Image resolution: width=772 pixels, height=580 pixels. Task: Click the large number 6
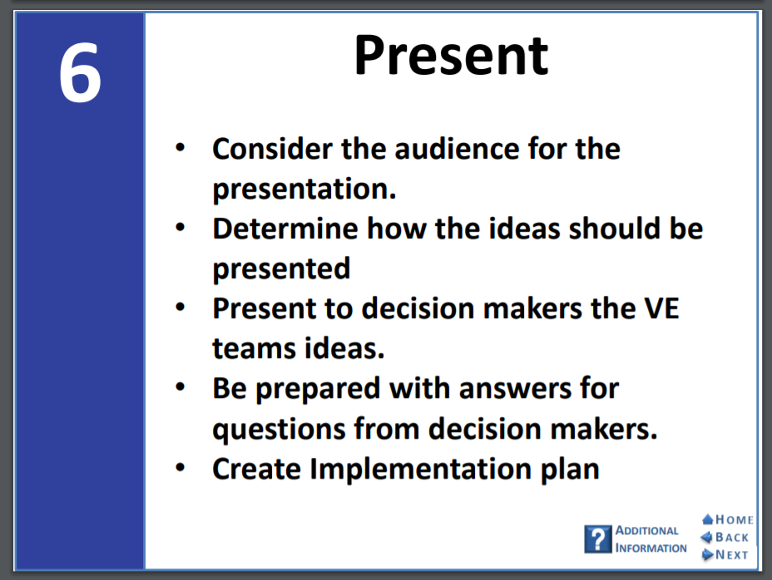click(x=80, y=73)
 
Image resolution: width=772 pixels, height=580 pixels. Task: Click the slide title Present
click(x=451, y=56)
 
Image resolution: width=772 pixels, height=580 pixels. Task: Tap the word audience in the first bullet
click(x=457, y=149)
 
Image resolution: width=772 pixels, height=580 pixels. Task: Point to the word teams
click(x=254, y=348)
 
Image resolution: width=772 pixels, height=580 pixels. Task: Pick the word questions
click(x=280, y=430)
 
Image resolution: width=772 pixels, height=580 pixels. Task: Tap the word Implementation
click(x=421, y=469)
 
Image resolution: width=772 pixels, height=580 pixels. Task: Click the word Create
click(x=256, y=469)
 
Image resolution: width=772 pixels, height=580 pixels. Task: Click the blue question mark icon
click(x=598, y=539)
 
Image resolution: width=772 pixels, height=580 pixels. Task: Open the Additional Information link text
click(x=651, y=539)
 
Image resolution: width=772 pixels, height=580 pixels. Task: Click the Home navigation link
click(x=728, y=519)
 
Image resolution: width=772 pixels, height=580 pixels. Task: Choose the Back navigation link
click(x=725, y=537)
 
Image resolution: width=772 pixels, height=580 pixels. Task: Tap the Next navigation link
click(x=725, y=555)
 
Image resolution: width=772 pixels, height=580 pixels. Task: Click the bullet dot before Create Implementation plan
click(x=181, y=467)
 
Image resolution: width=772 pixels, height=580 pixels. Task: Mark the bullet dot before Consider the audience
click(x=181, y=147)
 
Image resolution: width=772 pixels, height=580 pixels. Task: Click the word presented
click(x=281, y=269)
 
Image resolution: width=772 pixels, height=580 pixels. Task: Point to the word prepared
click(x=318, y=390)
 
